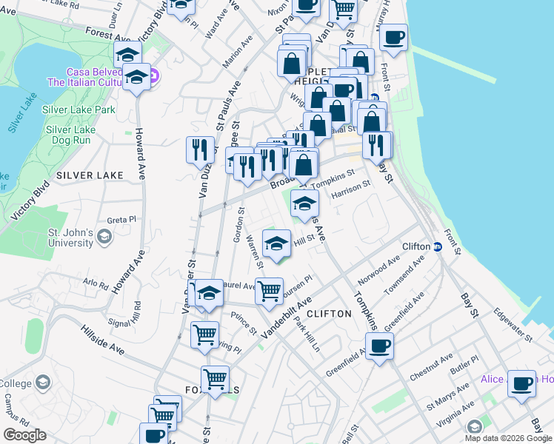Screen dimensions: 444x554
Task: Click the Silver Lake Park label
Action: (x=79, y=110)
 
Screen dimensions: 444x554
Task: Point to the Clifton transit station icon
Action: (x=438, y=247)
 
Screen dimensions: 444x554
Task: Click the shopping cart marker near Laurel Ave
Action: (x=270, y=290)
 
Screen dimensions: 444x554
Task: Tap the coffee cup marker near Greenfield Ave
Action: (x=380, y=346)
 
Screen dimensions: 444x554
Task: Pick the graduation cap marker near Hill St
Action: (x=276, y=244)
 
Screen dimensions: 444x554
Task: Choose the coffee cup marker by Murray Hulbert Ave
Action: (x=393, y=38)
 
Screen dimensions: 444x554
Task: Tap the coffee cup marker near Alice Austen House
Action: (x=521, y=384)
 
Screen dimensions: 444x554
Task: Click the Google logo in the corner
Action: (x=24, y=434)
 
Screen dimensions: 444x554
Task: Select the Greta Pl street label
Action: (x=122, y=220)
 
